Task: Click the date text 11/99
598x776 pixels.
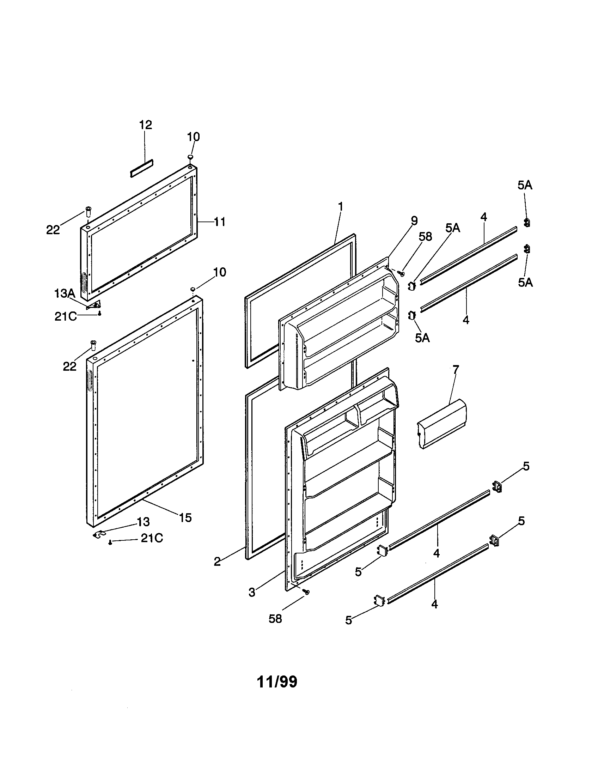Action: pyautogui.click(x=277, y=682)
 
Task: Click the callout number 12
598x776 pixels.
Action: pyautogui.click(x=145, y=125)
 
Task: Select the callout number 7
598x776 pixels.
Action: pyautogui.click(x=456, y=369)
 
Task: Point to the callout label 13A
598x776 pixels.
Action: pyautogui.click(x=64, y=293)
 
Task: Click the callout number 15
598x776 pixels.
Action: pyautogui.click(x=185, y=518)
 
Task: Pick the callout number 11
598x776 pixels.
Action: pyautogui.click(x=220, y=222)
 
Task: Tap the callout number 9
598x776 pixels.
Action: pyautogui.click(x=414, y=221)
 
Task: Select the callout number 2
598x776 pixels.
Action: pyautogui.click(x=217, y=562)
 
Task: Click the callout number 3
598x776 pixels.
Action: pyautogui.click(x=252, y=593)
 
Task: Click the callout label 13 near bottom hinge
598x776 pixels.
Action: pyautogui.click(x=144, y=522)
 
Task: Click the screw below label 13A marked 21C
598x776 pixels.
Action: pyautogui.click(x=100, y=313)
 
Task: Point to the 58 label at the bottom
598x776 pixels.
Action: pyautogui.click(x=275, y=619)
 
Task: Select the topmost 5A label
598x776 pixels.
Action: pyautogui.click(x=525, y=185)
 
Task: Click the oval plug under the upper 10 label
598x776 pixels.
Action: pyautogui.click(x=191, y=157)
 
